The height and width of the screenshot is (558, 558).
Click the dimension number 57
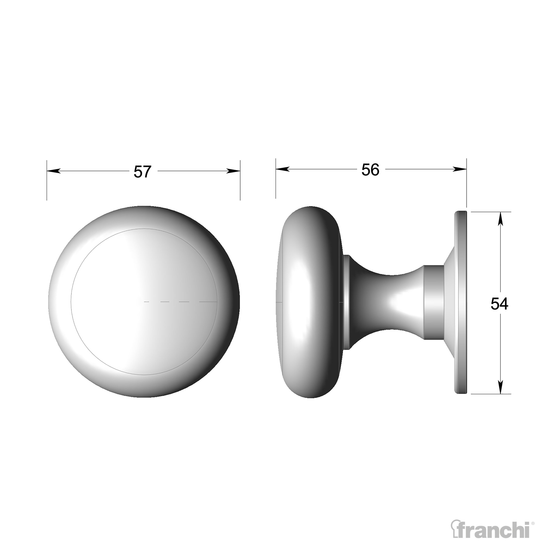pyautogui.click(x=142, y=172)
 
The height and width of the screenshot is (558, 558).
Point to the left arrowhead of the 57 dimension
pyautogui.click(x=54, y=171)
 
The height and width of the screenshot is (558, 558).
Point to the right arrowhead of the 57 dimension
pyautogui.click(x=233, y=171)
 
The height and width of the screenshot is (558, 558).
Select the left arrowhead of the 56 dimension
pyautogui.click(x=282, y=169)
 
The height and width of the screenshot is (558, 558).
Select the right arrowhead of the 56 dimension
pyautogui.click(x=459, y=169)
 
